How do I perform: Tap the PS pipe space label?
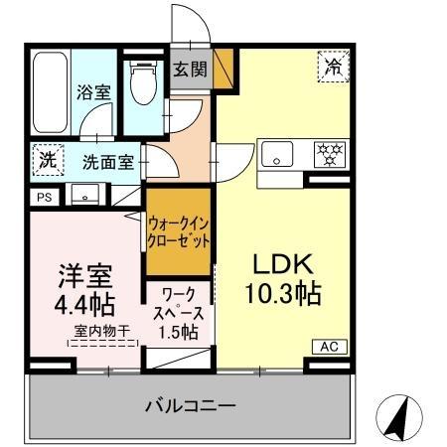point(44,198)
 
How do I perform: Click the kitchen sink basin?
point(275,155)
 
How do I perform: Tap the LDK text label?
point(281,264)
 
